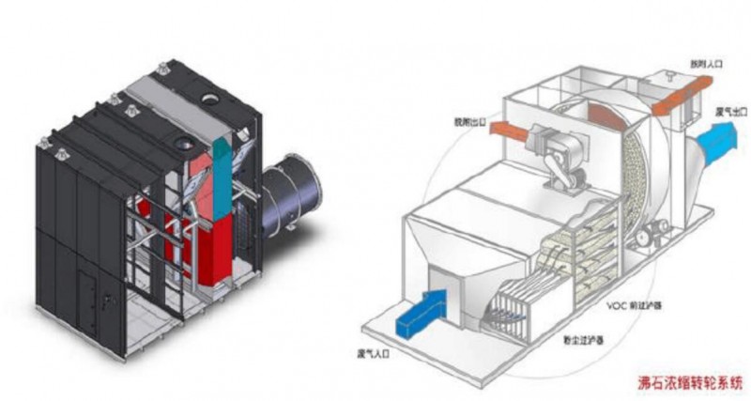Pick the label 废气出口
pos(728,111)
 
